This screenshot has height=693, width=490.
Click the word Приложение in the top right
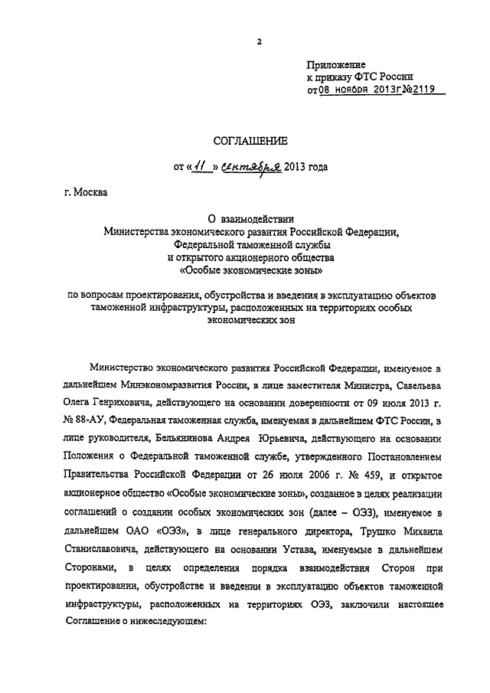pos(336,64)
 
